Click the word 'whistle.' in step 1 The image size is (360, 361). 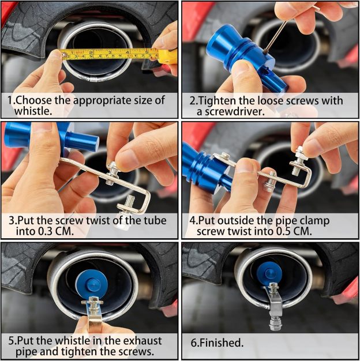(x=33, y=111)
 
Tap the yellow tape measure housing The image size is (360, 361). (x=167, y=56)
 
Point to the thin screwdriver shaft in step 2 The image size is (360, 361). (x=276, y=36)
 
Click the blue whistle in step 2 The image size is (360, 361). (x=246, y=58)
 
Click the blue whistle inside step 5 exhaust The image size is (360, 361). (x=92, y=284)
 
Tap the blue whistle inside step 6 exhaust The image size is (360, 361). (x=269, y=274)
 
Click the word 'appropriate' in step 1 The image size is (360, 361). (x=102, y=101)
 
